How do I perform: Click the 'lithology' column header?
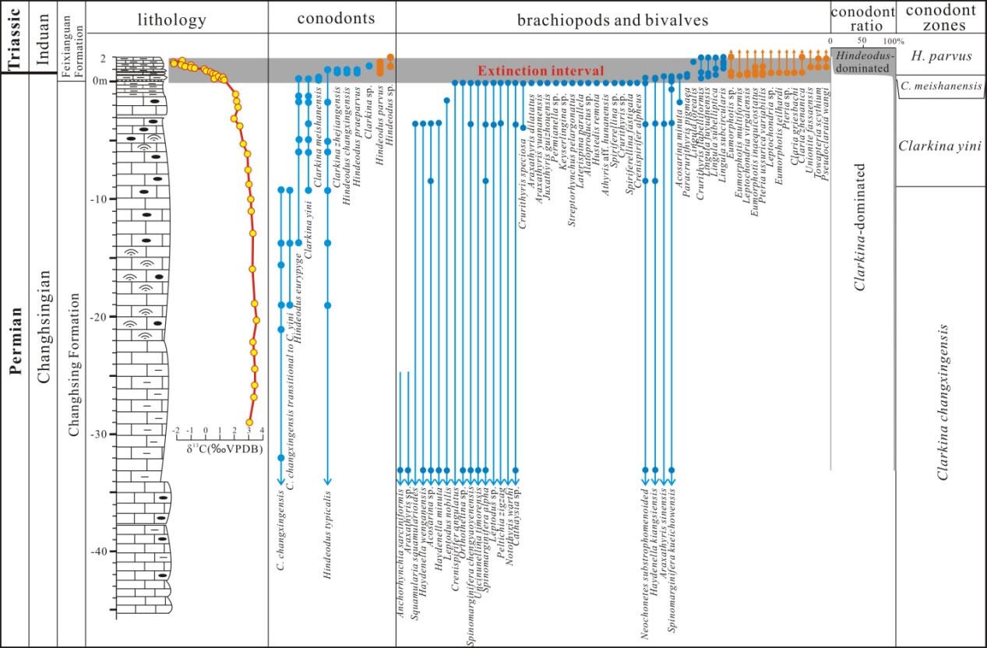[177, 18]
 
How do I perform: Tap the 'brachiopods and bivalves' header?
[613, 19]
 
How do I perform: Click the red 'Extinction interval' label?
[541, 71]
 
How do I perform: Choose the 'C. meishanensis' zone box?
[940, 86]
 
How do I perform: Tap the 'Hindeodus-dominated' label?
[862, 63]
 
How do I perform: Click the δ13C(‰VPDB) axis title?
[224, 449]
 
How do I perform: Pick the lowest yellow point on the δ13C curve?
[249, 423]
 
